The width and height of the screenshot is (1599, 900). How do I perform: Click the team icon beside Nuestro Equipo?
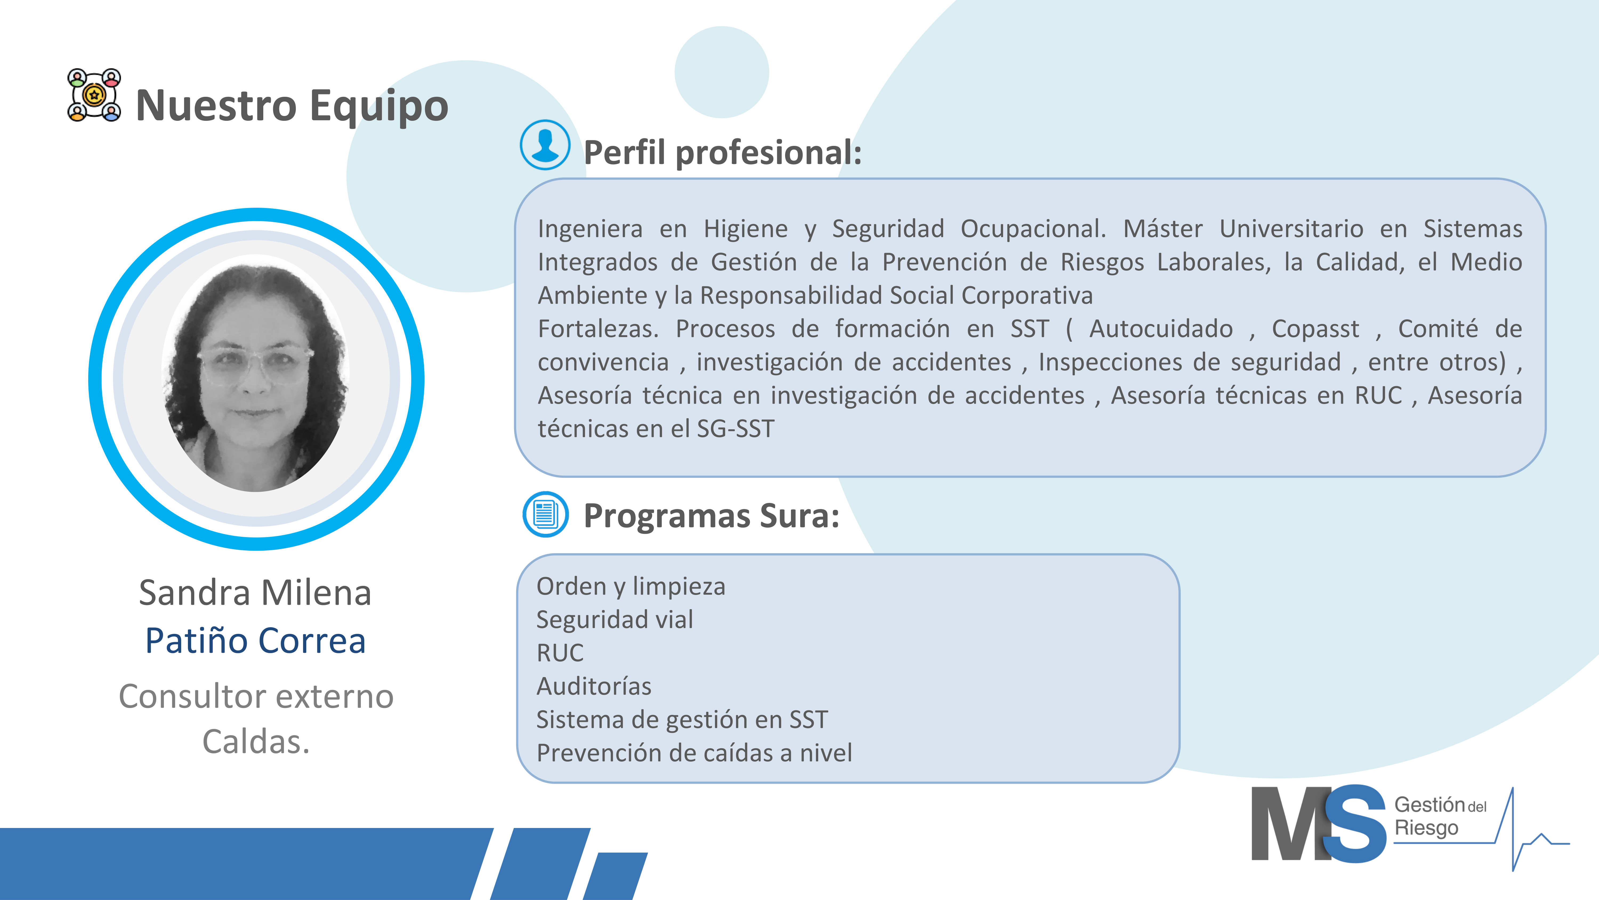pyautogui.click(x=94, y=95)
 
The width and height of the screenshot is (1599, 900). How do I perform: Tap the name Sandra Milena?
pyautogui.click(x=255, y=593)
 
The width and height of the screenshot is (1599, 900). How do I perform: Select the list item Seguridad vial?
pyautogui.click(x=615, y=619)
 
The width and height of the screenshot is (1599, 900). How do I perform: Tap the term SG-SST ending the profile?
pyautogui.click(x=736, y=429)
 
